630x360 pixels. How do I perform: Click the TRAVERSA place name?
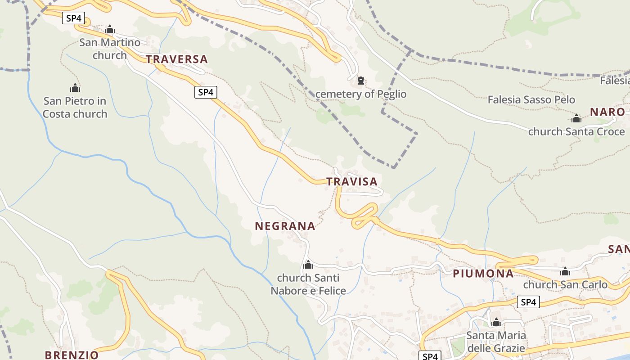tap(176, 59)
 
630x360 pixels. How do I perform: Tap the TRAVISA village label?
tap(351, 182)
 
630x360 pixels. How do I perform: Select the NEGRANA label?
tap(285, 226)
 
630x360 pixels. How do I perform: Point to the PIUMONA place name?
tap(483, 274)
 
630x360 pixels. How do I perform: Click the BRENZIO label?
tap(72, 355)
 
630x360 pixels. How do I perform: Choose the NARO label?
tap(607, 112)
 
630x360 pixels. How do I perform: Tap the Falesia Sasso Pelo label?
tap(531, 100)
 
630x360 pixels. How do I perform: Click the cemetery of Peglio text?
tap(361, 94)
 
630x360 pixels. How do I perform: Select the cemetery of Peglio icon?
tap(360, 81)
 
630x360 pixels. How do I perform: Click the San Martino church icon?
tap(110, 30)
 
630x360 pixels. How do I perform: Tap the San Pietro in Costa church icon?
tap(75, 88)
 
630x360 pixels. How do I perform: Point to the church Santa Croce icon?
tap(576, 119)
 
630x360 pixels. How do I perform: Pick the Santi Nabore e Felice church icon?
tap(308, 265)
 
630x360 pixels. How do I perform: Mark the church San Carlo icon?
tap(565, 272)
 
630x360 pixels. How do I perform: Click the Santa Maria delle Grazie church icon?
tap(496, 323)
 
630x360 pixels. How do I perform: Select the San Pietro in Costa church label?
tap(75, 107)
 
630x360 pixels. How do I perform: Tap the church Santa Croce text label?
tap(576, 132)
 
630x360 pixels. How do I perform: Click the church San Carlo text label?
tap(565, 285)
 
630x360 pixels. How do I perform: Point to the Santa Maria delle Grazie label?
tap(496, 342)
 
